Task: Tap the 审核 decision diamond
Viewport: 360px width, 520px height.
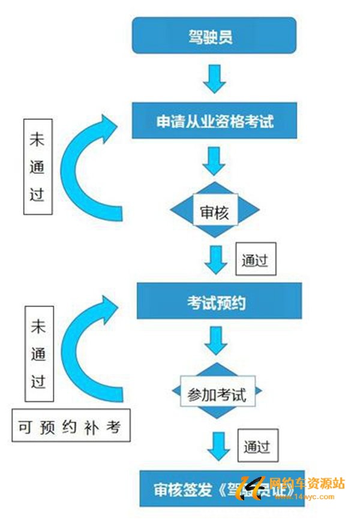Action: (x=215, y=211)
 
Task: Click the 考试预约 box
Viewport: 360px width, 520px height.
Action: (x=218, y=303)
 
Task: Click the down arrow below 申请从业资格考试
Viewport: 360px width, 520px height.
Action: (x=214, y=161)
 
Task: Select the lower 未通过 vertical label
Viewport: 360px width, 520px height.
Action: (x=39, y=354)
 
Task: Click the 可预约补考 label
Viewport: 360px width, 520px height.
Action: (x=70, y=427)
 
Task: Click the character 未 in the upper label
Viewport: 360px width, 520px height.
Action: (x=38, y=137)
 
